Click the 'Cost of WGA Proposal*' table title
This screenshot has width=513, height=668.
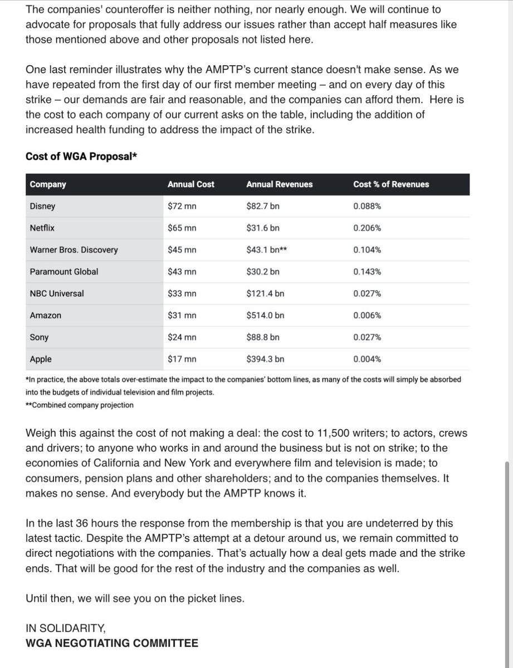click(x=81, y=156)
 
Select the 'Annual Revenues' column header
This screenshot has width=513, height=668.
click(x=279, y=184)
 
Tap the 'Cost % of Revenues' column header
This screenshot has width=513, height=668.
click(x=391, y=184)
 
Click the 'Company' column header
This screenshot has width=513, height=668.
click(x=48, y=184)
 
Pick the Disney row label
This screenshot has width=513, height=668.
click(x=42, y=207)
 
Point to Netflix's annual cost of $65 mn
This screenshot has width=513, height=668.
click(x=182, y=228)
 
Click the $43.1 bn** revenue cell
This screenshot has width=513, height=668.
click(x=266, y=250)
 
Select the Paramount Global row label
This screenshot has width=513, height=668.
click(x=63, y=272)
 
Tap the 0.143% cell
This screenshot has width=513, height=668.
click(x=367, y=272)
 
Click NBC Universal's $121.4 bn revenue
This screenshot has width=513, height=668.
click(x=265, y=293)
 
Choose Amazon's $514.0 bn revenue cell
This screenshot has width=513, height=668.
click(x=265, y=315)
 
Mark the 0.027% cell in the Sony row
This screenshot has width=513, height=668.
click(x=367, y=337)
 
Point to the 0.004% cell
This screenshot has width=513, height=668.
click(x=367, y=359)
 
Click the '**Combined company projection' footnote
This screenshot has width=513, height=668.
click(x=80, y=405)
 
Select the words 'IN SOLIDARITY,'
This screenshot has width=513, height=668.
click(x=65, y=628)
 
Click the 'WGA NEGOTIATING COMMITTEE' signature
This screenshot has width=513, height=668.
click(x=111, y=643)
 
